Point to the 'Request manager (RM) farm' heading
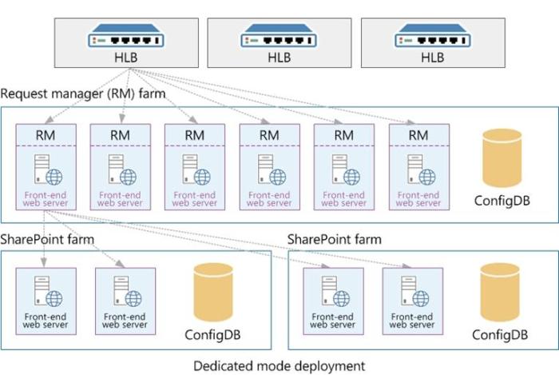pyautogui.click(x=83, y=94)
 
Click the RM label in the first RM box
pyautogui.click(x=46, y=135)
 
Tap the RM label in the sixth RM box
pyautogui.click(x=418, y=135)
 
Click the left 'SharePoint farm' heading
pyautogui.click(x=47, y=239)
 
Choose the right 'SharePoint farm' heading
pyautogui.click(x=334, y=239)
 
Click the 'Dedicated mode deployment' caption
pyautogui.click(x=279, y=365)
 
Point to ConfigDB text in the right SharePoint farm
pyautogui.click(x=500, y=334)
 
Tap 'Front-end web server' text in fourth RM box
pyautogui.click(x=269, y=198)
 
